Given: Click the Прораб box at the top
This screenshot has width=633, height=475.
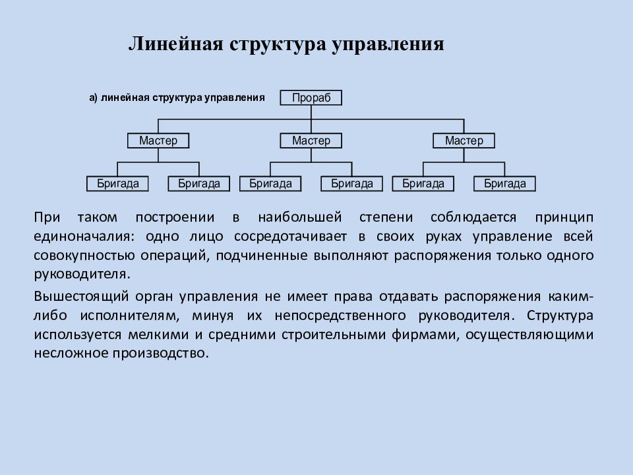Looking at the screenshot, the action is tap(311, 98).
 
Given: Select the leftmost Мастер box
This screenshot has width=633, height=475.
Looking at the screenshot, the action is tap(158, 141).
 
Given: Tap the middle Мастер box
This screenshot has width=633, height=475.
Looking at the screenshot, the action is tap(311, 141).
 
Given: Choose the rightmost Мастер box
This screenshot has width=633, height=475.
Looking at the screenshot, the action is tap(464, 141).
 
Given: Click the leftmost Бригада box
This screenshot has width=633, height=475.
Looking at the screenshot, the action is tap(117, 184).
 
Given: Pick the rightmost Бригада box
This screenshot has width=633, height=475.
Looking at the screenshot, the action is tap(504, 184).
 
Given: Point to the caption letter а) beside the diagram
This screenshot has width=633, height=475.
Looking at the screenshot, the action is tap(93, 98).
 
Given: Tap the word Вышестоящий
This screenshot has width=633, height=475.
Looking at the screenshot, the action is tap(81, 297).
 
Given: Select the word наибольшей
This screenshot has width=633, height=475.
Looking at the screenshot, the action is tap(300, 217).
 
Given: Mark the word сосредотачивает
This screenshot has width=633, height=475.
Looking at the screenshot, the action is tap(290, 237).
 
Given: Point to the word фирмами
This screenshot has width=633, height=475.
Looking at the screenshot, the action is tap(425, 335).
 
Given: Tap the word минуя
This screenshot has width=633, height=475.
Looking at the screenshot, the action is tap(213, 316).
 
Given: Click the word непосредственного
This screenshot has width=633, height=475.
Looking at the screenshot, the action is tap(340, 316).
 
